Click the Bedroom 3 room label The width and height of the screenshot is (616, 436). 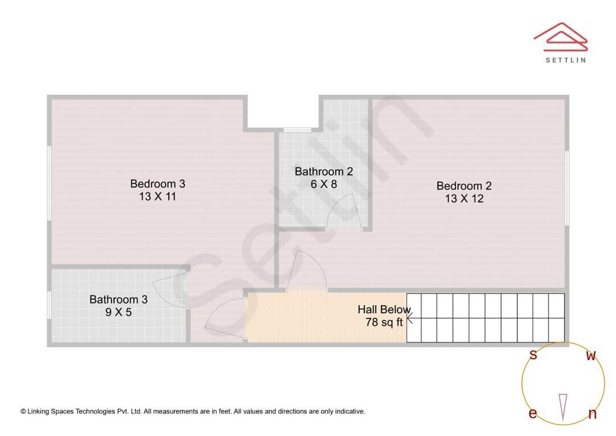tap(157, 184)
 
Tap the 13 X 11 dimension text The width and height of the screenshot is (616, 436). tap(157, 197)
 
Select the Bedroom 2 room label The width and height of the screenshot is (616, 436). tap(464, 185)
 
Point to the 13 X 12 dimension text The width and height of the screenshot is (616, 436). tap(464, 199)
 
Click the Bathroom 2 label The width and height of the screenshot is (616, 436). tap(323, 171)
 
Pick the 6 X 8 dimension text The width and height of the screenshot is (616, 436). tap(323, 184)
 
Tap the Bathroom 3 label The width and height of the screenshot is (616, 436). tap(118, 299)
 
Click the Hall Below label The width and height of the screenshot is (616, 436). tap(383, 309)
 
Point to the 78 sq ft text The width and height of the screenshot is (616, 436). tap(384, 322)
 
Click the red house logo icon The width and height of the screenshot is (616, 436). tap(560, 36)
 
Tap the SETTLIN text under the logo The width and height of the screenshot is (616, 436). tap(565, 59)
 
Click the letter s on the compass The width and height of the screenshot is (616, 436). tap(533, 354)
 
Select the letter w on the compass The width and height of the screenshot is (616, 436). tap(591, 356)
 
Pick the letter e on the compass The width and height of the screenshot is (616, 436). tap(533, 413)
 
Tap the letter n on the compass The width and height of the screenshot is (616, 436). tap(592, 414)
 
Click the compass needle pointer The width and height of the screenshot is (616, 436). tap(563, 407)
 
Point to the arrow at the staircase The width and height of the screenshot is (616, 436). tap(410, 318)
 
